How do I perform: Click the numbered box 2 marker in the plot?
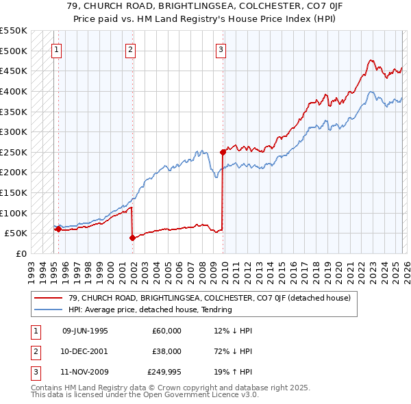(130, 49)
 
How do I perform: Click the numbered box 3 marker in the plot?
(221, 49)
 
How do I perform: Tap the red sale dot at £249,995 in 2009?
(223, 152)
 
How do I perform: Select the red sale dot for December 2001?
(132, 238)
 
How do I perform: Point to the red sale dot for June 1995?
(58, 229)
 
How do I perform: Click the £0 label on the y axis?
(21, 253)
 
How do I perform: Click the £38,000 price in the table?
(166, 351)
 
